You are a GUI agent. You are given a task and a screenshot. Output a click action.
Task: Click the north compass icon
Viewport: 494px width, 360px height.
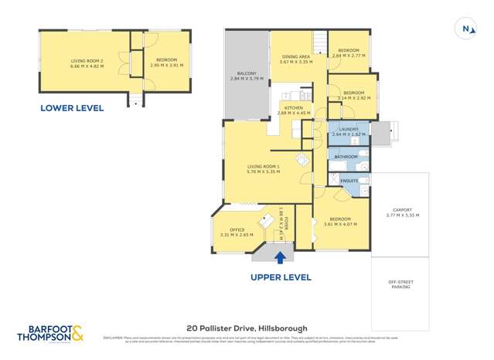click(x=468, y=29)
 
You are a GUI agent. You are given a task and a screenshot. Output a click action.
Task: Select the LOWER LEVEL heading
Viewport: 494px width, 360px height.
click(x=72, y=108)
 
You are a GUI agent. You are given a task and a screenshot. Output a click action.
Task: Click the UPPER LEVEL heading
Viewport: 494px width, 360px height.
click(x=281, y=277)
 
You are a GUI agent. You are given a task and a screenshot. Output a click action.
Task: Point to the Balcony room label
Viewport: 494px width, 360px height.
click(x=247, y=76)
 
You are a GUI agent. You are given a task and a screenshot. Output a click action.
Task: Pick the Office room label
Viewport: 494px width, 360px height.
click(x=232, y=231)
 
